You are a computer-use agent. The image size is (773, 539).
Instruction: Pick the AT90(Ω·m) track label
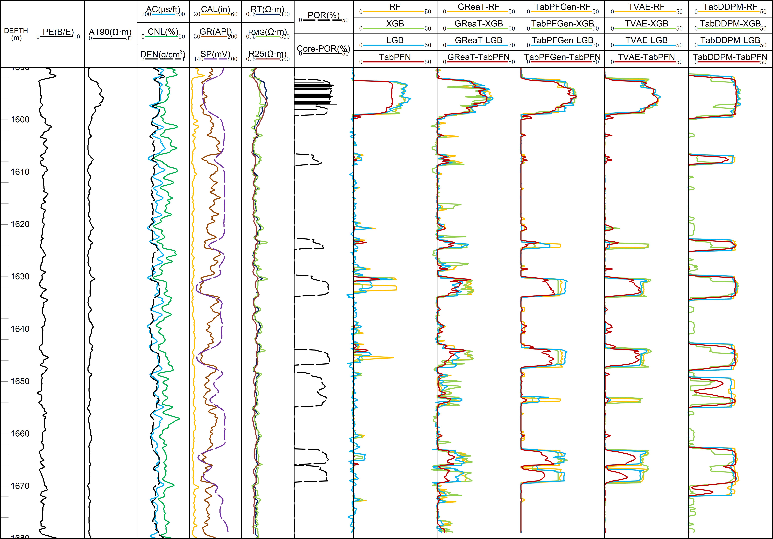point(110,32)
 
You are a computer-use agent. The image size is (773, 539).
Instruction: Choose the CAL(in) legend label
point(216,10)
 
